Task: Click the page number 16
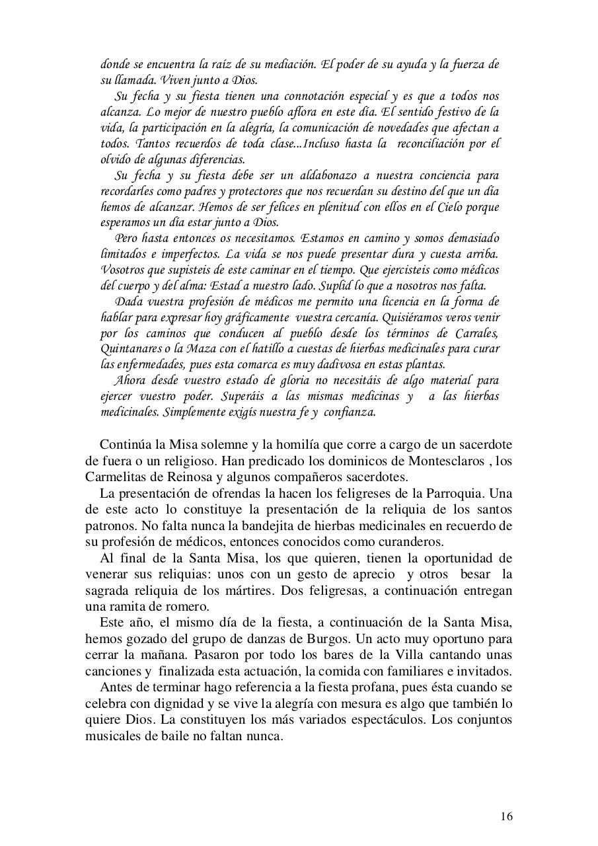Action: (x=506, y=816)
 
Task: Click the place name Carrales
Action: (x=475, y=332)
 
